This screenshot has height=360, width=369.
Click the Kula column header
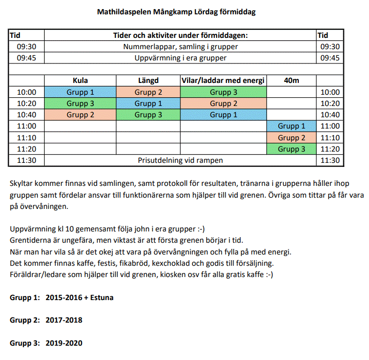pyautogui.click(x=80, y=80)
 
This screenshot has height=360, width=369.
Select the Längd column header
pyautogui.click(x=148, y=80)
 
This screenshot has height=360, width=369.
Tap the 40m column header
pyautogui.click(x=291, y=80)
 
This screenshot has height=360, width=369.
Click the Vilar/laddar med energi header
pyautogui.click(x=223, y=80)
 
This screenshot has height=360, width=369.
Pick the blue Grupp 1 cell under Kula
pyautogui.click(x=80, y=92)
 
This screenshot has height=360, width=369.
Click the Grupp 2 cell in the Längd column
pyautogui.click(x=148, y=92)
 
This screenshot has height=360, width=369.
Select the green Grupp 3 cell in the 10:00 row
pyautogui.click(x=223, y=92)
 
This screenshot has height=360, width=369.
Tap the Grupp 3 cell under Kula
pyautogui.click(x=80, y=103)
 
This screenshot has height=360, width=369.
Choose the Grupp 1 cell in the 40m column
pyautogui.click(x=291, y=126)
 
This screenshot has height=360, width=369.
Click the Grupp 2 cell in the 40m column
pyautogui.click(x=291, y=138)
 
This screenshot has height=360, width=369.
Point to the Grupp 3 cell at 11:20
pyautogui.click(x=291, y=149)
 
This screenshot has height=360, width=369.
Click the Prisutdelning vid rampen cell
pyautogui.click(x=180, y=160)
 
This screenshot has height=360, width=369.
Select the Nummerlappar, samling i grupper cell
pyautogui.click(x=180, y=47)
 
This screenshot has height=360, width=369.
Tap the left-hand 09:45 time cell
pyautogui.click(x=27, y=58)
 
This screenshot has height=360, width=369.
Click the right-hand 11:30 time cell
pyautogui.click(x=330, y=160)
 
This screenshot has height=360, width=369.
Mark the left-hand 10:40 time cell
pyautogui.click(x=27, y=115)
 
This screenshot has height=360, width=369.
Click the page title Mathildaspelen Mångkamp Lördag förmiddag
pyautogui.click(x=176, y=12)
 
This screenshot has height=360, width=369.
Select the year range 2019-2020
pyautogui.click(x=64, y=343)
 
